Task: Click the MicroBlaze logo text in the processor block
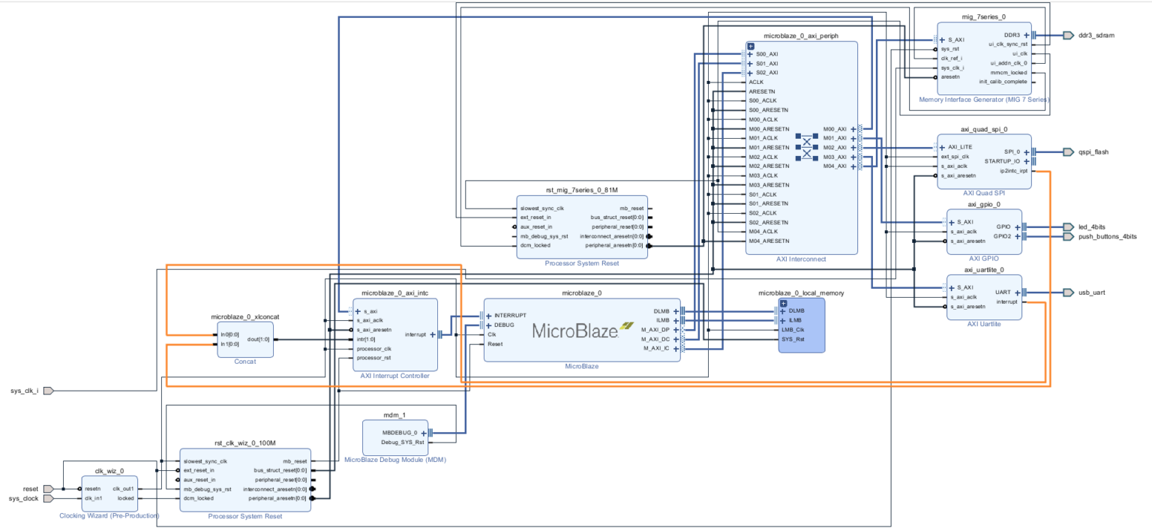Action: [574, 330]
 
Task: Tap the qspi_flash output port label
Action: [1093, 151]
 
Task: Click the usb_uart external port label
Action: [1091, 292]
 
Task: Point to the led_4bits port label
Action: [1091, 226]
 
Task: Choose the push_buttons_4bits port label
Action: [1107, 236]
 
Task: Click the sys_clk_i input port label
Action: [24, 391]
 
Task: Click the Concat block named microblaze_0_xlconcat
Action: [244, 339]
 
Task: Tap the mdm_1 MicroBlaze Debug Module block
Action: [394, 437]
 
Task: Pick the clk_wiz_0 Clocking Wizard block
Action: [109, 493]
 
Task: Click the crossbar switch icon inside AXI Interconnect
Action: [807, 147]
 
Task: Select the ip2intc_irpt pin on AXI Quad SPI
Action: [1013, 171]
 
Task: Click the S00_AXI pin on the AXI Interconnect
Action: [766, 54]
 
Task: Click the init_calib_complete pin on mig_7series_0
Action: [1003, 82]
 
